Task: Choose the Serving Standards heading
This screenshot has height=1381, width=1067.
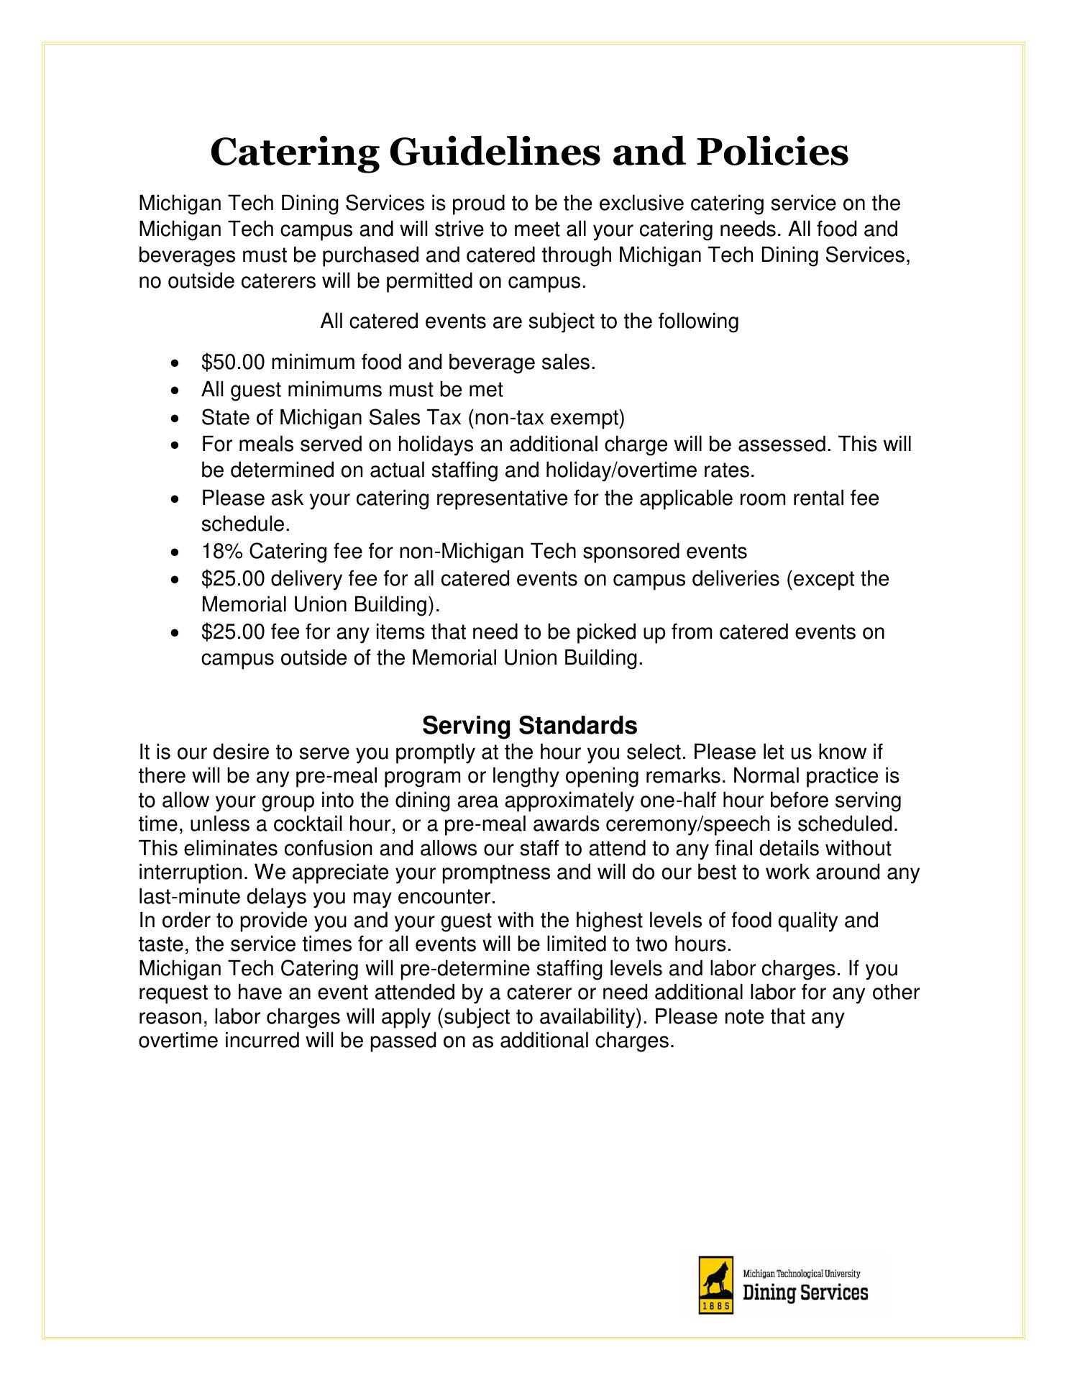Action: point(529,726)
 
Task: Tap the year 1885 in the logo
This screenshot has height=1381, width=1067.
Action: point(715,1305)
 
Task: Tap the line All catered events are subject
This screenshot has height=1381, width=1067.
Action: point(529,321)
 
